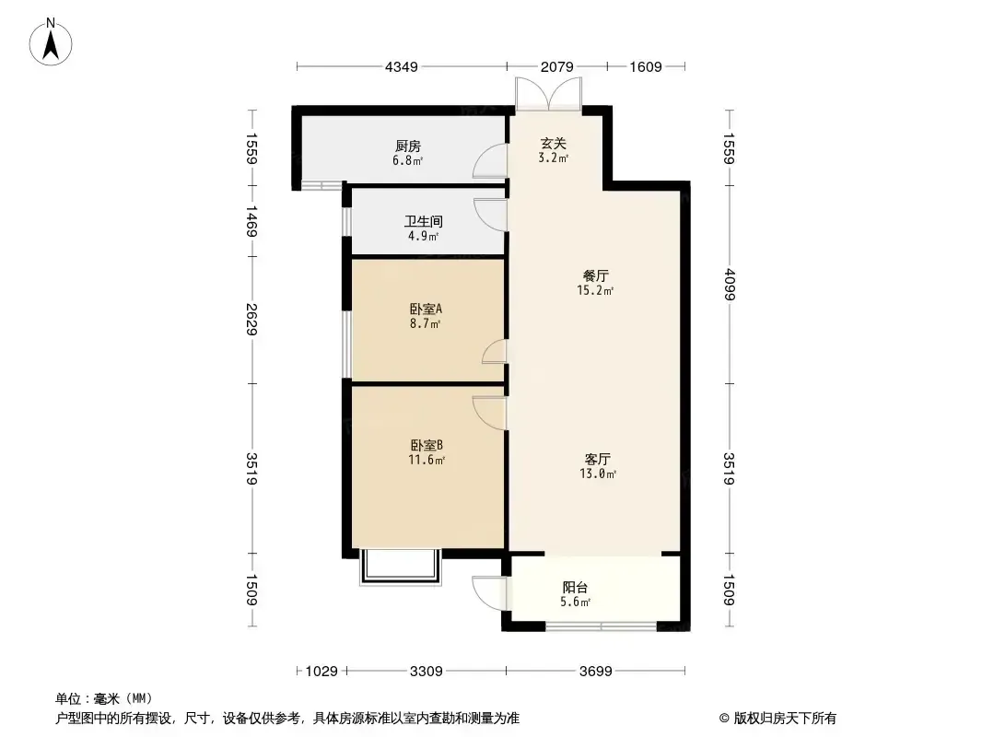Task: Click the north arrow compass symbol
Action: [51, 42]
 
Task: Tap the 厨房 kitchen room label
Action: [408, 146]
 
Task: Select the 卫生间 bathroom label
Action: [424, 222]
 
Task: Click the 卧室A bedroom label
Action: [426, 310]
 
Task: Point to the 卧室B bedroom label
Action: [427, 445]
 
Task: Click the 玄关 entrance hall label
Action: [554, 144]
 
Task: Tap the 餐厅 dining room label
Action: [596, 275]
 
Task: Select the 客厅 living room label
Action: [598, 459]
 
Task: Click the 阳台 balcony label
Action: [575, 588]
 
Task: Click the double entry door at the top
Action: [549, 95]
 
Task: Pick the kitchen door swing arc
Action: [490, 161]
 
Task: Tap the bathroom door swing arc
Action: [490, 215]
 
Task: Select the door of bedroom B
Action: [489, 413]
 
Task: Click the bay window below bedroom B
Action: [401, 567]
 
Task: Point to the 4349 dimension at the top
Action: [402, 66]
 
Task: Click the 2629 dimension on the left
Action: [251, 320]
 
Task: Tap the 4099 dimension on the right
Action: [729, 285]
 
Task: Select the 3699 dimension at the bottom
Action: [596, 672]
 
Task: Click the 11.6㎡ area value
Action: [427, 461]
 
